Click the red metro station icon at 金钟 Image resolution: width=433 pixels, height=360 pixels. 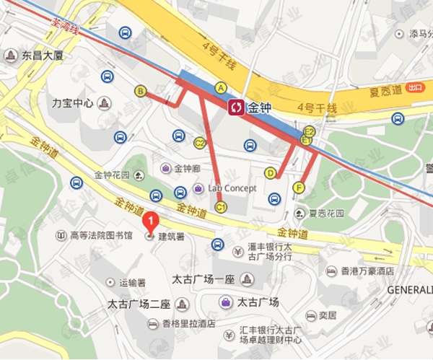pyautogui.click(x=236, y=108)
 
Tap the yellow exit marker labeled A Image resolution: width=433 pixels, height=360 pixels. pyautogui.click(x=222, y=87)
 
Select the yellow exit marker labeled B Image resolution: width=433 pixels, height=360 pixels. pyautogui.click(x=141, y=91)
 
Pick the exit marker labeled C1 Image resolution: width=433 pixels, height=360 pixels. pyautogui.click(x=221, y=207)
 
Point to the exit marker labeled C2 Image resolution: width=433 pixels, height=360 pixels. pyautogui.click(x=200, y=143)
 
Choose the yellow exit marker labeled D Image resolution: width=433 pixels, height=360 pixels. pyautogui.click(x=271, y=173)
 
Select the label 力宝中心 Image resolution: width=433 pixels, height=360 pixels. pyautogui.click(x=73, y=102)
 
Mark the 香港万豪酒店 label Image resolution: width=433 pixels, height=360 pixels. pyautogui.click(x=367, y=271)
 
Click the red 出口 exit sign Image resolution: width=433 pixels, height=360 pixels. pyautogui.click(x=414, y=87)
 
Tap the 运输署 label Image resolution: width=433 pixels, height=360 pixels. pyautogui.click(x=132, y=282)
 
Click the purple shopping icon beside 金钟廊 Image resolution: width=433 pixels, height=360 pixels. pyautogui.click(x=165, y=168)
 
